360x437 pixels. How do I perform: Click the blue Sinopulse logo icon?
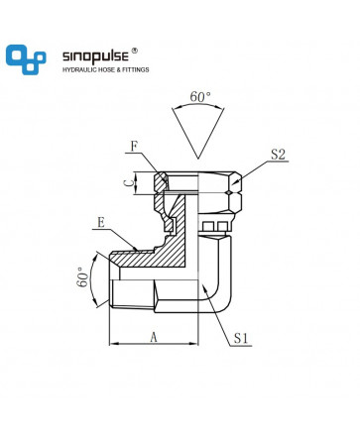point(26,59)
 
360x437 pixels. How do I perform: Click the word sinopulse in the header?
point(95,56)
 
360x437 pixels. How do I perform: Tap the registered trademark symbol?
point(135,51)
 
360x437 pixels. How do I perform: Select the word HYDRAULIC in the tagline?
point(79,69)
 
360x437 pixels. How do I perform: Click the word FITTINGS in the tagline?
point(136,69)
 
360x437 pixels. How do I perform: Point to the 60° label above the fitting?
point(200,97)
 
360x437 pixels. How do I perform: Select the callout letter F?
point(134,147)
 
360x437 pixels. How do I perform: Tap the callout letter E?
point(101,223)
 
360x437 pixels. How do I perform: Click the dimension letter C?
point(130,183)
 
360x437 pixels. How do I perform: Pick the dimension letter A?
point(154,337)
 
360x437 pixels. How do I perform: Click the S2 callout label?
point(278,155)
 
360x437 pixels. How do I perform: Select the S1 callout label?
point(241,338)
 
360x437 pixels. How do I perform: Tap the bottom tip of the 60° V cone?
point(198,159)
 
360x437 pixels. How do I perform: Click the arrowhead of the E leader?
point(134,248)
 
